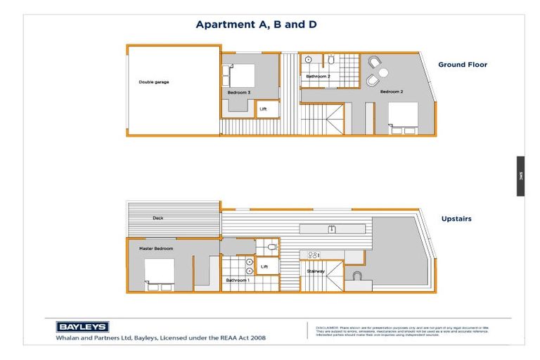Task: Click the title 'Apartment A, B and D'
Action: click(x=256, y=25)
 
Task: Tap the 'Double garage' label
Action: click(x=153, y=82)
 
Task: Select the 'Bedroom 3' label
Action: click(x=239, y=92)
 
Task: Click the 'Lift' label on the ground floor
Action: click(x=263, y=109)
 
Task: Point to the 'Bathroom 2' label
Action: click(x=318, y=76)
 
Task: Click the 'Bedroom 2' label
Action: click(x=392, y=91)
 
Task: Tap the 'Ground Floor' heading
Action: click(x=463, y=65)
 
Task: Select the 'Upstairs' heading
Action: click(x=457, y=219)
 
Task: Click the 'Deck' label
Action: click(x=158, y=218)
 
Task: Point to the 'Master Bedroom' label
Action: click(x=156, y=248)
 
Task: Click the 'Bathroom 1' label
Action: click(x=237, y=280)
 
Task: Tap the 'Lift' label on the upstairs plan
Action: click(x=264, y=267)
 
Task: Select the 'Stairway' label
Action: click(x=316, y=271)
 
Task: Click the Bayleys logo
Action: click(x=82, y=326)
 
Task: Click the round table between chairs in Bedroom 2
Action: click(x=382, y=72)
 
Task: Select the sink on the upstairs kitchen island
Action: click(x=333, y=229)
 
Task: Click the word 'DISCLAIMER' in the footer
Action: click(x=328, y=328)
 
